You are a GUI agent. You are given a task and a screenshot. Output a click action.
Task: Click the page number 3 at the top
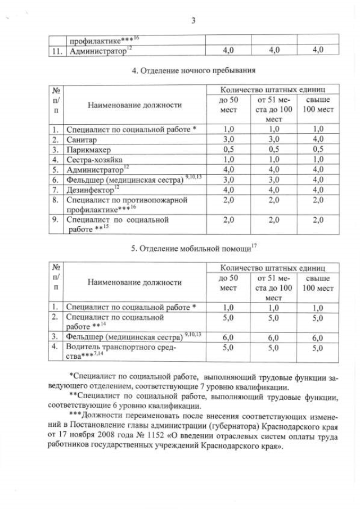193,21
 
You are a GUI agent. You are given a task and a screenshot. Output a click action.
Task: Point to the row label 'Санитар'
82,139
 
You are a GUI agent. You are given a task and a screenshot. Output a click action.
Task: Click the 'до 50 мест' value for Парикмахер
228,150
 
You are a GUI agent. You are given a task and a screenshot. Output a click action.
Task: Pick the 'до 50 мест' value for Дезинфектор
228,190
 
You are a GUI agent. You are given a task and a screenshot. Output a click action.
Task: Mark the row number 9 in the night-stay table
56,219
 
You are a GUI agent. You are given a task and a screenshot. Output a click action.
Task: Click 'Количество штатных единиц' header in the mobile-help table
272,268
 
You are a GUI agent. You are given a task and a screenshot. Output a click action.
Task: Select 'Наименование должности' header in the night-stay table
134,105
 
